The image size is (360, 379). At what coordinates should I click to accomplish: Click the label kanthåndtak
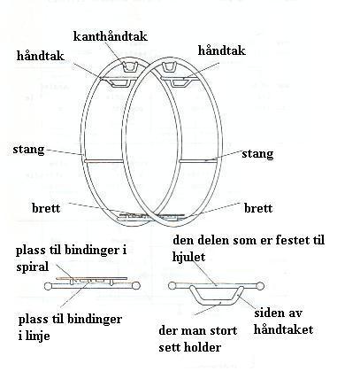111,36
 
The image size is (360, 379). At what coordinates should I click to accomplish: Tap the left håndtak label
41,56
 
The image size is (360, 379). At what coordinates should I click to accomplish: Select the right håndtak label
221,50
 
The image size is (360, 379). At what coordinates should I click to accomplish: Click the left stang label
28,150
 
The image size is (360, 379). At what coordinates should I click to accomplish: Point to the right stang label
257,154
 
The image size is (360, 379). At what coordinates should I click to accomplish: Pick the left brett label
46,208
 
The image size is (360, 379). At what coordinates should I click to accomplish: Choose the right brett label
258,208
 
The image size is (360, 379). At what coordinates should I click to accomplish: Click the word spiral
33,267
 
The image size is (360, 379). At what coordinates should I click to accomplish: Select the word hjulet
188,257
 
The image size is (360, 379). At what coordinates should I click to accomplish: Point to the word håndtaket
283,329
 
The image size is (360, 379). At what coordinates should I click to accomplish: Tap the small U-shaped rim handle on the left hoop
130,67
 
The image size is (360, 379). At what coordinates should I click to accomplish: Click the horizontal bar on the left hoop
103,161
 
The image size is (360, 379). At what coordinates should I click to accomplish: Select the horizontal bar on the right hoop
198,161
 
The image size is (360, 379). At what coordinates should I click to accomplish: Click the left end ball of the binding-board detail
48,286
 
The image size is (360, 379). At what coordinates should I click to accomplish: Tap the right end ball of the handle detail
260,286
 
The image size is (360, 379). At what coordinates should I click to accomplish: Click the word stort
223,331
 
